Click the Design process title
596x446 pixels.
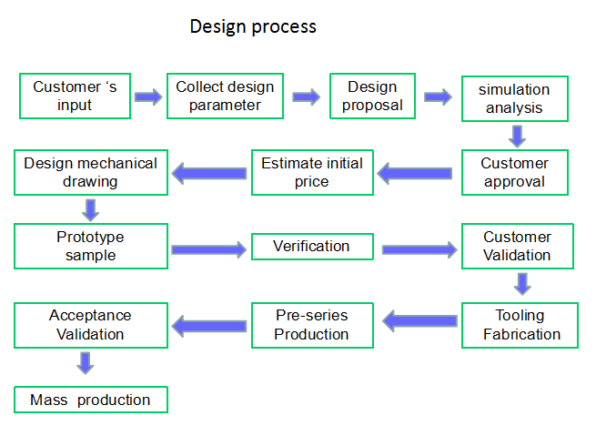tap(253, 27)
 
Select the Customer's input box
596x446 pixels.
tap(75, 96)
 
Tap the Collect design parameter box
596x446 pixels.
tap(225, 96)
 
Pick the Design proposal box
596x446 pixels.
tap(372, 96)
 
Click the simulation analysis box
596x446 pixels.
tap(515, 98)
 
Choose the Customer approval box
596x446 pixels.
tap(515, 172)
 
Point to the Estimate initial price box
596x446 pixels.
tap(312, 172)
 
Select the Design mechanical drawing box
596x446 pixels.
tap(91, 172)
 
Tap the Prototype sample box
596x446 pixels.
tap(91, 246)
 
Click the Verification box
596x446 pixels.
tap(312, 247)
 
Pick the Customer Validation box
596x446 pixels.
tap(518, 246)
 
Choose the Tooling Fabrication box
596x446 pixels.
tap(520, 325)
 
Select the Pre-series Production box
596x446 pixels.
tap(312, 325)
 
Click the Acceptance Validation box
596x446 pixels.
tap(91, 325)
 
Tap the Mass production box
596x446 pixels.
tap(91, 400)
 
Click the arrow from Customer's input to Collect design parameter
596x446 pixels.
tap(148, 97)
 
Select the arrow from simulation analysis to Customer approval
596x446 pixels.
tap(518, 137)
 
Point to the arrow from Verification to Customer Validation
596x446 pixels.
tap(419, 249)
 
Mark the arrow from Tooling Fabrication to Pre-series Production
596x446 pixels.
tap(419, 321)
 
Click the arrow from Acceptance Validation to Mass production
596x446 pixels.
tap(86, 363)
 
